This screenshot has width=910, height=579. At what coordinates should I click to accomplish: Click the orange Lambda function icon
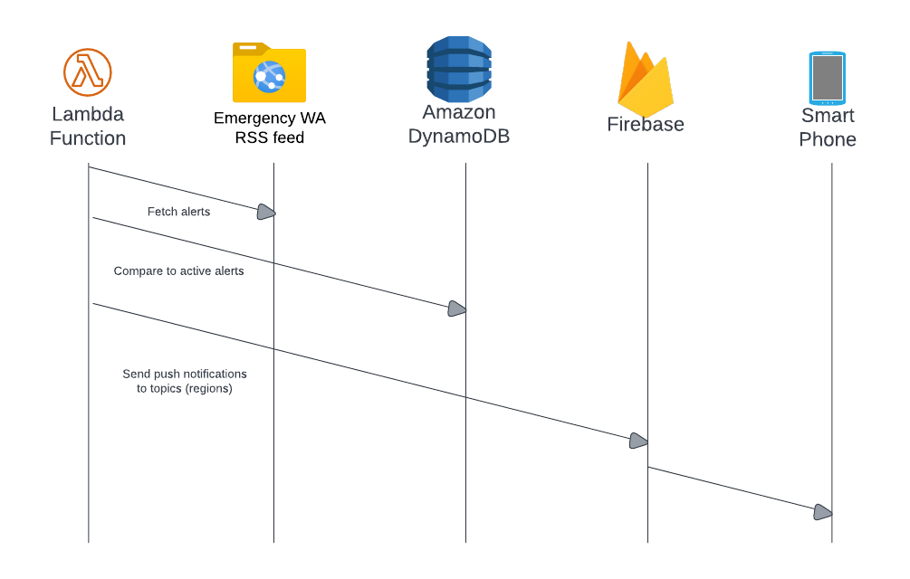(x=88, y=72)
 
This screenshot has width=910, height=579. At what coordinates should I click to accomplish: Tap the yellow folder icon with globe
(x=269, y=73)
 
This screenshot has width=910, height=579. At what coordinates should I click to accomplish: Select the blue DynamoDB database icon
(x=459, y=70)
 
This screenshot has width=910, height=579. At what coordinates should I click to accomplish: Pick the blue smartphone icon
(x=827, y=78)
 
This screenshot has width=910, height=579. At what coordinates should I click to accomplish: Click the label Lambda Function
(x=88, y=127)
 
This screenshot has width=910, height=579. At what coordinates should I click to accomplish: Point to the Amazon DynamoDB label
(x=459, y=125)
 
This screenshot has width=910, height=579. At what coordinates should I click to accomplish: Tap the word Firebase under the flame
(x=645, y=125)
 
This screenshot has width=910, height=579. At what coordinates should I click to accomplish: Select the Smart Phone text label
(x=827, y=128)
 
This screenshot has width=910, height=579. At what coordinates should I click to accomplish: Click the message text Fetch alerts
(x=178, y=212)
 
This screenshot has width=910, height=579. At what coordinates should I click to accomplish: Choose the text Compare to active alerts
(x=178, y=271)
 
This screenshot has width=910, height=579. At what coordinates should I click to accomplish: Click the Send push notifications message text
(x=185, y=374)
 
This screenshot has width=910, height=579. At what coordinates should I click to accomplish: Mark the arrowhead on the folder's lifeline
(x=265, y=212)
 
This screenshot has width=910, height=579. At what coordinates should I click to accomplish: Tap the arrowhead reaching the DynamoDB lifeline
(x=457, y=308)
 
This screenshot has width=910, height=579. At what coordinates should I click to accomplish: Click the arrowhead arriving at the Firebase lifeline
(x=638, y=441)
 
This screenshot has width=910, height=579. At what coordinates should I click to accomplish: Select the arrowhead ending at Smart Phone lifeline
(x=822, y=512)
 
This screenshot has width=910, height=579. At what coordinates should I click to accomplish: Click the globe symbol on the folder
(x=269, y=78)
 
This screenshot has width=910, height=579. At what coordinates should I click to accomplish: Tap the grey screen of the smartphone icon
(x=827, y=79)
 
